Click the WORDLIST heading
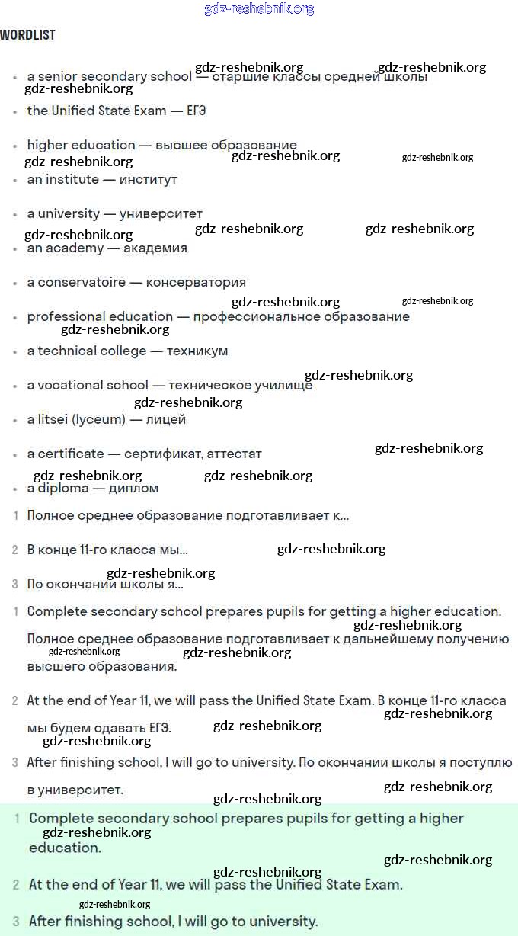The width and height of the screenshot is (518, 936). [27, 35]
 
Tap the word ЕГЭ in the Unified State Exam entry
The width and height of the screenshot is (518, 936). [197, 111]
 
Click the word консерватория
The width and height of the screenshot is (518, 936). [196, 282]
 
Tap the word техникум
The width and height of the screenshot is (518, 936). [197, 351]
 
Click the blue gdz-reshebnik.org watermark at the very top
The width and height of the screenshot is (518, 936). [260, 9]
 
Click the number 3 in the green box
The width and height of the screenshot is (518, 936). [15, 921]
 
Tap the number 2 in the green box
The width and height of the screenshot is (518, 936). [15, 885]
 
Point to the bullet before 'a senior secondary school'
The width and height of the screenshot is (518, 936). [15, 77]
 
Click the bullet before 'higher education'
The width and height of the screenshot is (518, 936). [15, 146]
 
